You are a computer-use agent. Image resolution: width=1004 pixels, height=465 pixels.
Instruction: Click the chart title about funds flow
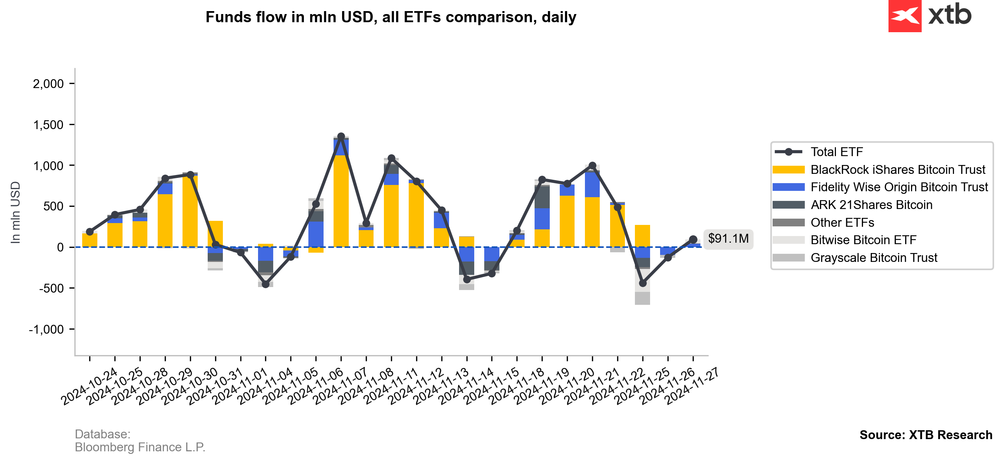[391, 17]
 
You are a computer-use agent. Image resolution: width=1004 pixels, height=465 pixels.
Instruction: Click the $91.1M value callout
[728, 239]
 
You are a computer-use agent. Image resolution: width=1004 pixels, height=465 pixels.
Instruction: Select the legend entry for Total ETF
[836, 152]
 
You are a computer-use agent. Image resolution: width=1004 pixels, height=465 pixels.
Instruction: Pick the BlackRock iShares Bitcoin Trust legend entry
[897, 170]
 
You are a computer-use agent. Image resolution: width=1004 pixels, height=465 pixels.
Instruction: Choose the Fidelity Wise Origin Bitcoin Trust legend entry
[899, 187]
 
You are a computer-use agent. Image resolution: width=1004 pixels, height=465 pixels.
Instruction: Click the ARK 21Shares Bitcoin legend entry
[871, 205]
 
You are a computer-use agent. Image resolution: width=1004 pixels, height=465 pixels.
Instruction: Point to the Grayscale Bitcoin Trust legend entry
[873, 258]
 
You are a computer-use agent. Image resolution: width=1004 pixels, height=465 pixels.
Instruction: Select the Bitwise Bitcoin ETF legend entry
[863, 240]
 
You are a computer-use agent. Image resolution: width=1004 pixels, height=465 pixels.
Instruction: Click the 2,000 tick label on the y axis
[48, 84]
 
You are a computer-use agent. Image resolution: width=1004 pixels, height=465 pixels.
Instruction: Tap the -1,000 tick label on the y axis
[46, 330]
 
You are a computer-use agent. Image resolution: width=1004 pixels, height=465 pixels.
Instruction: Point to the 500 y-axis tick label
[53, 206]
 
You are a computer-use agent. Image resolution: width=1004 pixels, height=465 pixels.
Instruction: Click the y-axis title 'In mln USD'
[15, 213]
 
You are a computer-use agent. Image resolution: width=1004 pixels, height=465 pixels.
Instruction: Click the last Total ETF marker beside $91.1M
[693, 239]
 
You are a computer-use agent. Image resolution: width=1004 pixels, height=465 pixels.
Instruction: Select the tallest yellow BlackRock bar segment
[341, 201]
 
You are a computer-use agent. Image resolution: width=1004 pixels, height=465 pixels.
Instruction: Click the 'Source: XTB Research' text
[926, 435]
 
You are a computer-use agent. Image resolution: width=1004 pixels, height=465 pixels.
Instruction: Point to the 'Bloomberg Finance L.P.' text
[140, 448]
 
